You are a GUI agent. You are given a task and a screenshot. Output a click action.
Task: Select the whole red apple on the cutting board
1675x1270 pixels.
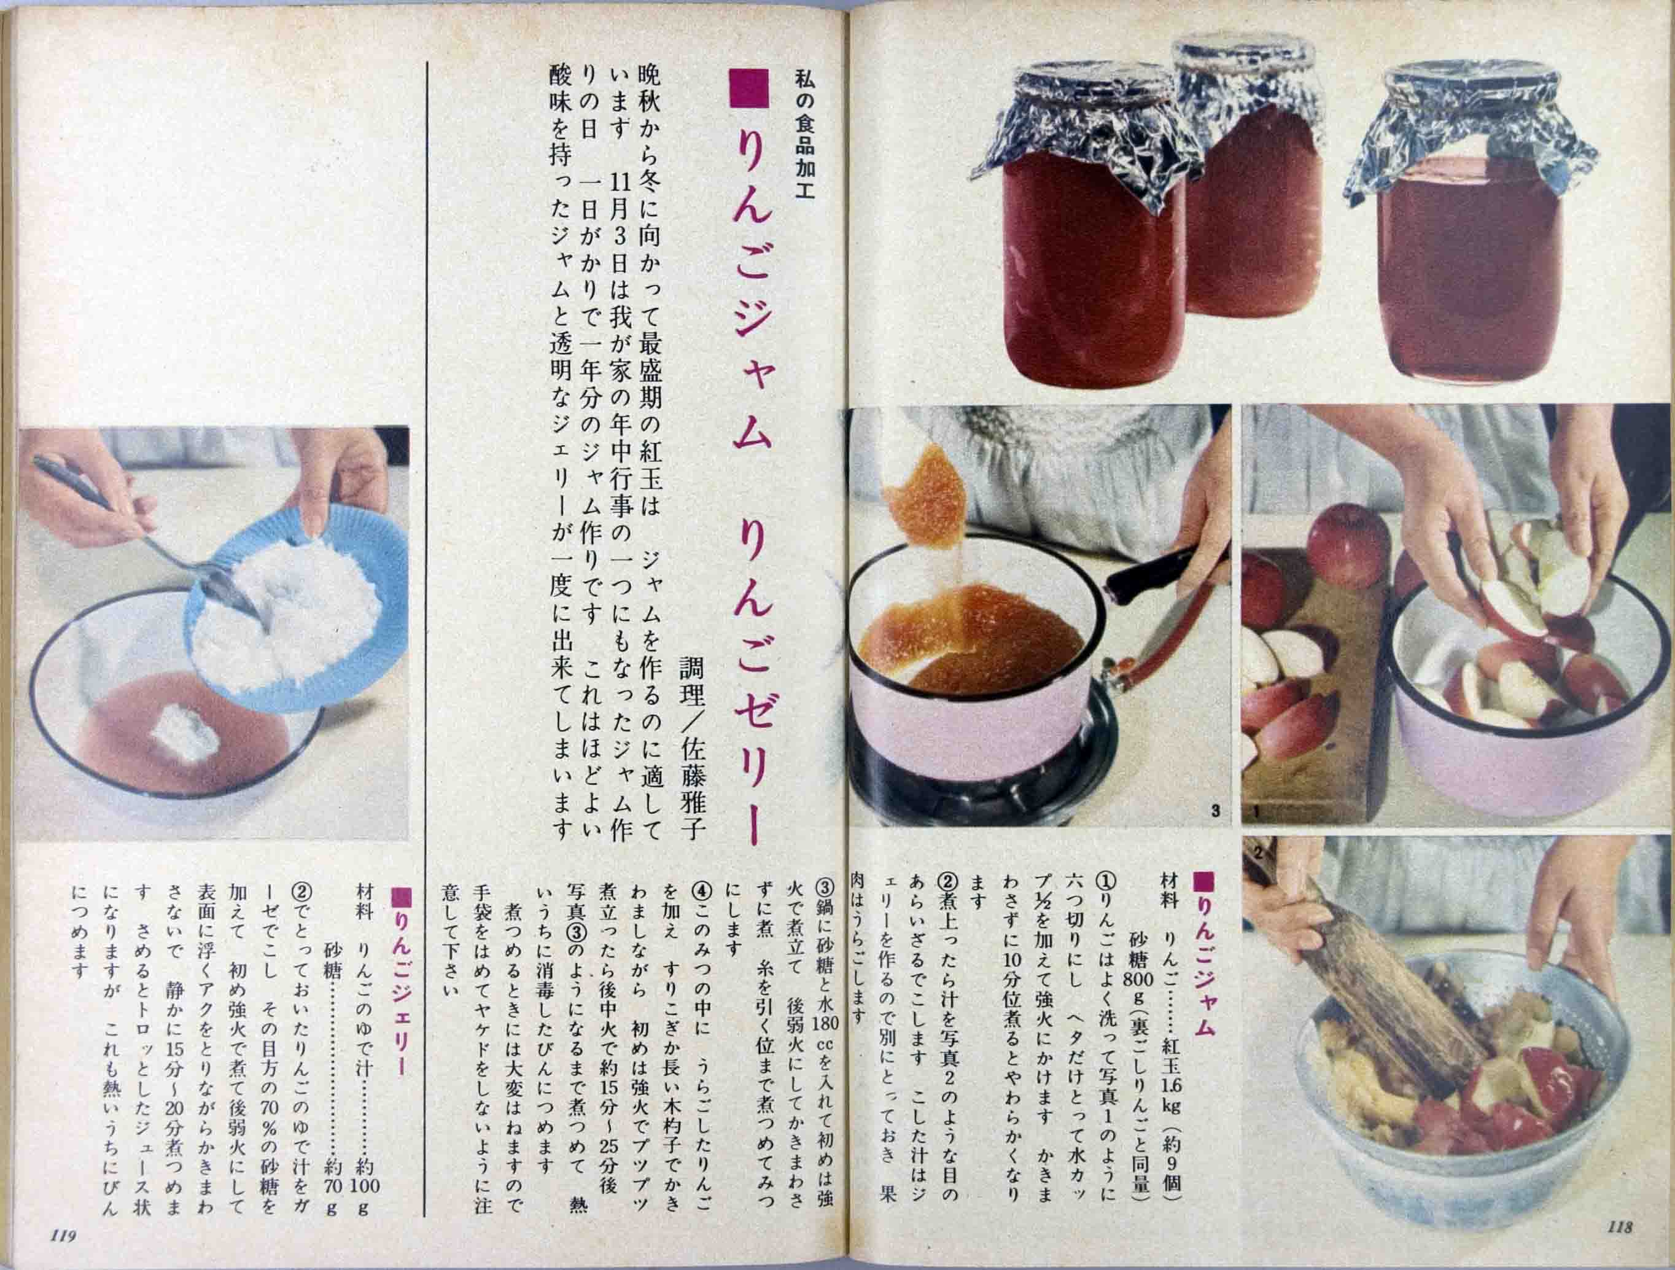1348,546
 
